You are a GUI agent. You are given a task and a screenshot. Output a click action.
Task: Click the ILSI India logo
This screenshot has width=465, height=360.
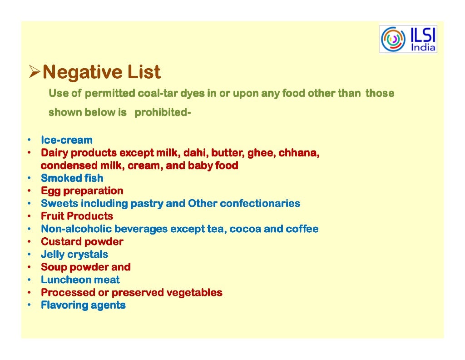[x=408, y=39]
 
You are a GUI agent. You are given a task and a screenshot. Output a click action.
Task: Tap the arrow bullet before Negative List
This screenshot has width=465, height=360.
[x=35, y=72]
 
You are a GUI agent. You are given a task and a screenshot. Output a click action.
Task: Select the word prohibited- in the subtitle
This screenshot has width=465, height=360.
[x=162, y=112]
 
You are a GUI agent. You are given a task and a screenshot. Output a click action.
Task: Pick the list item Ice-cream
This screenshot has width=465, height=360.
[x=66, y=140]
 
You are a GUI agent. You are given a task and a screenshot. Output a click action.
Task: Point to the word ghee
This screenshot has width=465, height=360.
[x=260, y=153]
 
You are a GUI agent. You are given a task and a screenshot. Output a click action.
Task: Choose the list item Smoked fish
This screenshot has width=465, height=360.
[x=72, y=178]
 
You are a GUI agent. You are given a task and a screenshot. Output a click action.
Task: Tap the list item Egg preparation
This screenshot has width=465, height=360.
[x=82, y=190]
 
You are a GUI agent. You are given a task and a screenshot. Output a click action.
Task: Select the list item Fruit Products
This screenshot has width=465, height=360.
[x=77, y=216]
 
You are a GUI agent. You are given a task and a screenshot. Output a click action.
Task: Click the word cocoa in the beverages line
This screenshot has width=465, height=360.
[x=245, y=229]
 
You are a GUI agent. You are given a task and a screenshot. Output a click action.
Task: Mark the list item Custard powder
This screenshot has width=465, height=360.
[x=82, y=241]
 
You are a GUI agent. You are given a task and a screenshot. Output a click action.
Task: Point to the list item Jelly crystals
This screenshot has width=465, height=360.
[x=74, y=254]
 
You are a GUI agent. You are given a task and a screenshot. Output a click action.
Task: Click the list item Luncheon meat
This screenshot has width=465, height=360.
[x=80, y=280]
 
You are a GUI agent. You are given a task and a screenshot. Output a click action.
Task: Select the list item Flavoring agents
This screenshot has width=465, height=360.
[x=83, y=305]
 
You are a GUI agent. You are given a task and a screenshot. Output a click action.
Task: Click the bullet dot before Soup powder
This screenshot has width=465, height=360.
[x=28, y=267]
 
